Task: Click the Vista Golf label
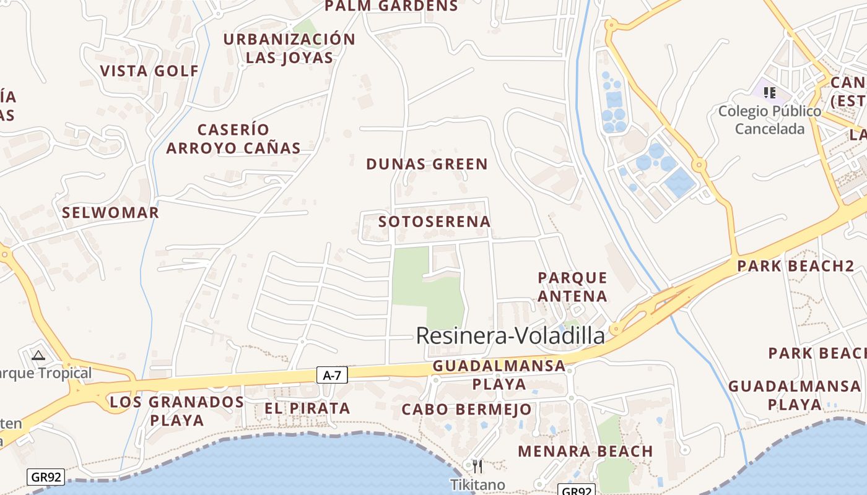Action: (149, 71)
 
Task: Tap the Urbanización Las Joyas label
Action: (289, 48)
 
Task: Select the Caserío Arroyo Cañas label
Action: (233, 139)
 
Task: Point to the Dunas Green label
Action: (427, 164)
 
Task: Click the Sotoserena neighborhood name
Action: (434, 222)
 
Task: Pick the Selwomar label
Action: (110, 213)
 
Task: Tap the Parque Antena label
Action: (572, 286)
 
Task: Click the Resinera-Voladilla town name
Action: (510, 335)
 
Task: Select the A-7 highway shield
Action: (333, 374)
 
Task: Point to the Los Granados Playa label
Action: (176, 411)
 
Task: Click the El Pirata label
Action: (307, 408)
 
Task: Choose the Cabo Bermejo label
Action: (466, 410)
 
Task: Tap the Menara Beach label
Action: (585, 452)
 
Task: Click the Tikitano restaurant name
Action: (477, 484)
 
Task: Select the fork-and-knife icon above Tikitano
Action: (477, 466)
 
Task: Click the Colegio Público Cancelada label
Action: (770, 120)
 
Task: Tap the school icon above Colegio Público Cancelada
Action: (770, 93)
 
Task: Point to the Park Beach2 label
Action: (795, 267)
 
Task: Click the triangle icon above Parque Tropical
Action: (38, 355)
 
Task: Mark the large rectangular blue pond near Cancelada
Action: (679, 182)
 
